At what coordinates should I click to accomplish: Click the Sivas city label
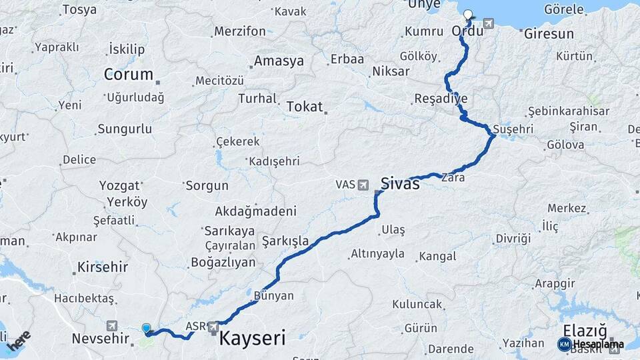pyautogui.click(x=400, y=183)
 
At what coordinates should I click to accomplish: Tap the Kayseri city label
pyautogui.click(x=252, y=337)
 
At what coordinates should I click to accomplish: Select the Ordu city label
pyautogui.click(x=467, y=31)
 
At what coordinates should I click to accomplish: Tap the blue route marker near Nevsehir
pyautogui.click(x=146, y=328)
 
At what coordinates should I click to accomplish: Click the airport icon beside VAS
pyautogui.click(x=363, y=184)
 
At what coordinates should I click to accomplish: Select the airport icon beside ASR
pyautogui.click(x=213, y=327)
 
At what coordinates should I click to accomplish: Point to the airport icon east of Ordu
pyautogui.click(x=489, y=25)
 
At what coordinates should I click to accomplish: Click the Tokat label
pyautogui.click(x=305, y=107)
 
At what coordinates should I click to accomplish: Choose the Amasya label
pyautogui.click(x=279, y=61)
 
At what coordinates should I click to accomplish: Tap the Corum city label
pyautogui.click(x=128, y=74)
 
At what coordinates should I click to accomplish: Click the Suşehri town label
pyautogui.click(x=514, y=128)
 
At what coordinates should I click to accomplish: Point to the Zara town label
pyautogui.click(x=453, y=178)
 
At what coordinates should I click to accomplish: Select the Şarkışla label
pyautogui.click(x=285, y=240)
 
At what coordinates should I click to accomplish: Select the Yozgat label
pyautogui.click(x=119, y=185)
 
